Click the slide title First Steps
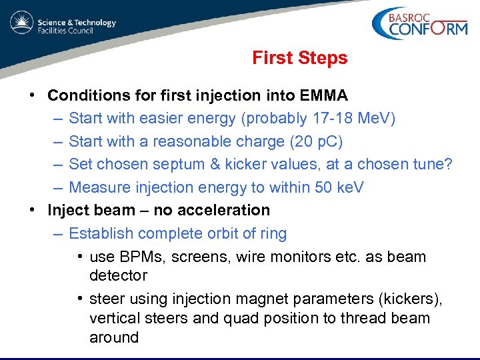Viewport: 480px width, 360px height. point(299,58)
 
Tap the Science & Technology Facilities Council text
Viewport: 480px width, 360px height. point(76,27)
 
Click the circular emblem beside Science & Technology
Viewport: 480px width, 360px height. point(21,23)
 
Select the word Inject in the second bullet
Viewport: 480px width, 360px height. point(69,210)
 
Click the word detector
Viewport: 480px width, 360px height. point(118,275)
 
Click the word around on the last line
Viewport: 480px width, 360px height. point(114,337)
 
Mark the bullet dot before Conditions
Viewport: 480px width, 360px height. point(33,95)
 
